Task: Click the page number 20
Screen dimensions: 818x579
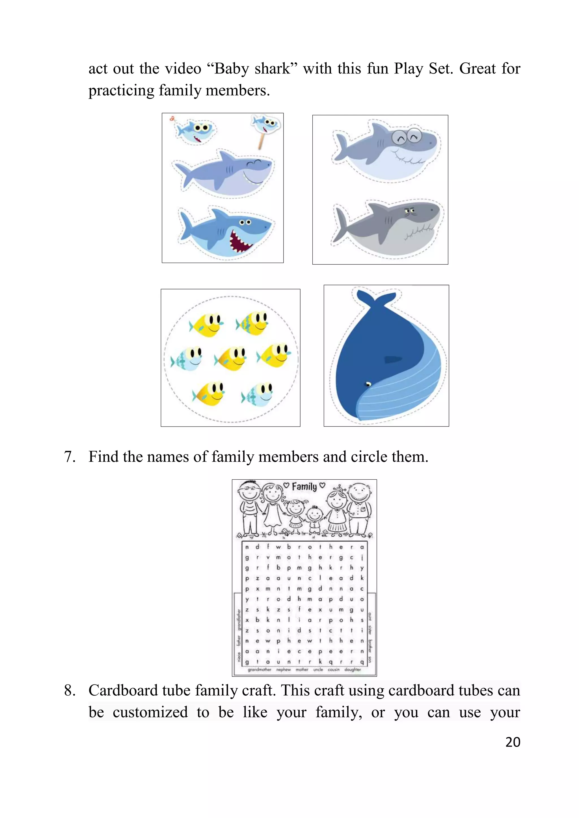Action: click(x=513, y=742)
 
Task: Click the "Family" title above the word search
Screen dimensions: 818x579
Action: click(x=304, y=487)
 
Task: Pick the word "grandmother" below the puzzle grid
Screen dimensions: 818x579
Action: click(x=260, y=669)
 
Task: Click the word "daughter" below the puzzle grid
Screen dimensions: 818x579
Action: click(x=353, y=669)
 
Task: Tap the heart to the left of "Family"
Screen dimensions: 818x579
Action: click(x=286, y=486)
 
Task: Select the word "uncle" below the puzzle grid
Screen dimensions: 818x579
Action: click(x=318, y=669)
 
